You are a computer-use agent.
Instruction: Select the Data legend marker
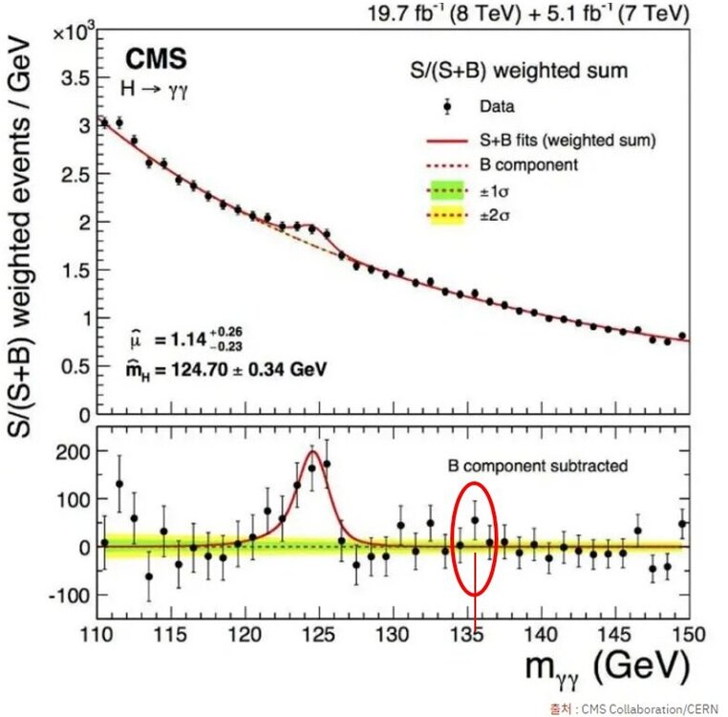447,106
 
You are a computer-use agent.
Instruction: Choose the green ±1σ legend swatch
446,190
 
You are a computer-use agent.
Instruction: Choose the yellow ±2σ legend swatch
446,215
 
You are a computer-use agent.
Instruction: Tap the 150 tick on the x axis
687,634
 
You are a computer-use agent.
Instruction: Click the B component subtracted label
539,467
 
